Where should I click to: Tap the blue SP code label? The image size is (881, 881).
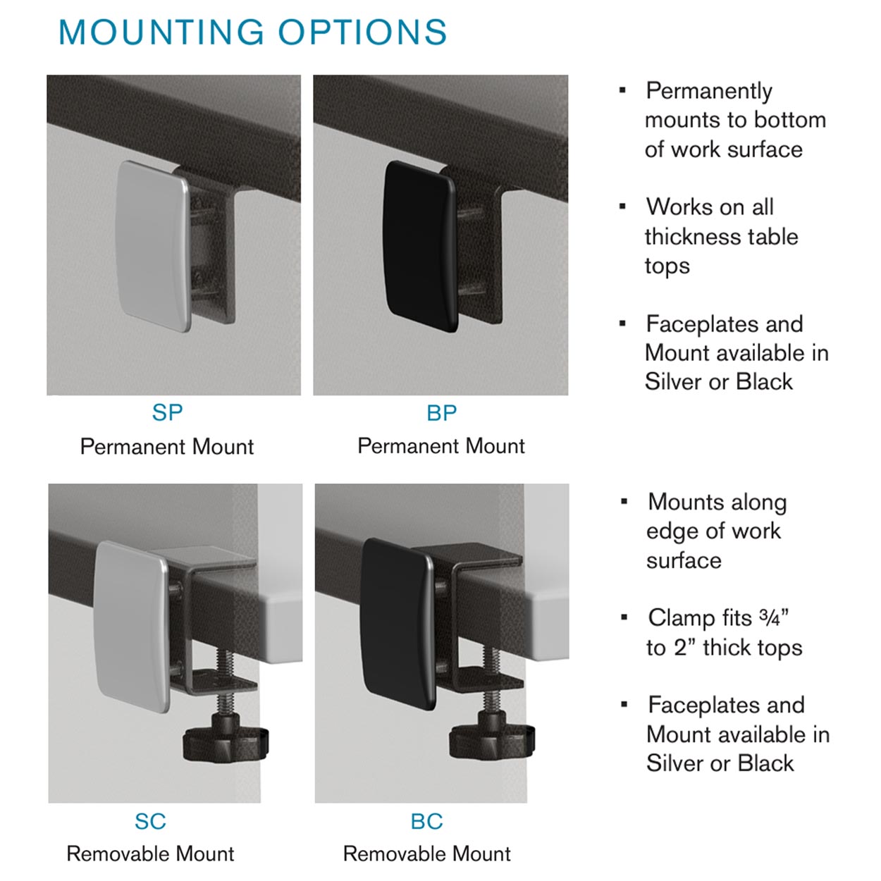(167, 413)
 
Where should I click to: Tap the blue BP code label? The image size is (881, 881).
(442, 413)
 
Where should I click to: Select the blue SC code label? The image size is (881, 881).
(150, 821)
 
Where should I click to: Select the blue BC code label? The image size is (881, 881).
(427, 821)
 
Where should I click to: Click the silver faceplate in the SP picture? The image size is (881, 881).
(152, 246)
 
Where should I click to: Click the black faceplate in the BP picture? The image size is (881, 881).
(419, 246)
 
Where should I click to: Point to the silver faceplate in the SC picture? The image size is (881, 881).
(132, 627)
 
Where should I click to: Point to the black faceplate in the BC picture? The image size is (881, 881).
(398, 624)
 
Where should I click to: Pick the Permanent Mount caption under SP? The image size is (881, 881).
(167, 447)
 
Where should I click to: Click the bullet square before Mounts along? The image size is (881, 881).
(624, 502)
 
